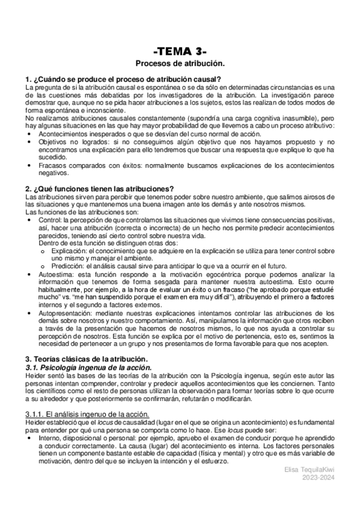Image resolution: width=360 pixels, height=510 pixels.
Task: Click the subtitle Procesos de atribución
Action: pos(180,63)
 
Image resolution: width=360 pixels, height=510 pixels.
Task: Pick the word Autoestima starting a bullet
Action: pos(56,274)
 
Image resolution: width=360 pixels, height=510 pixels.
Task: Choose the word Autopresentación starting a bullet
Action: pos(65,313)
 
